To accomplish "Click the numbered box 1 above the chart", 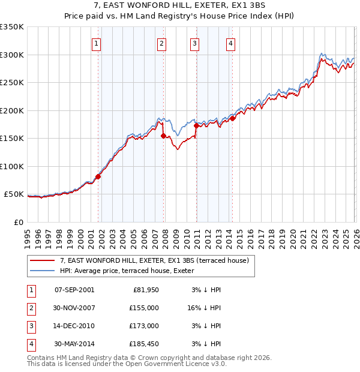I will (97, 43).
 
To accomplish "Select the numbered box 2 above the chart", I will (162, 43).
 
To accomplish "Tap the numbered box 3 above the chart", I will (195, 43).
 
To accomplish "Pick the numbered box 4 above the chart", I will (231, 43).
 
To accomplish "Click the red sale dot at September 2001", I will (98, 176).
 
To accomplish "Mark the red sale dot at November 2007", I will (164, 136).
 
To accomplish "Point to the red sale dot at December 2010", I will (196, 125).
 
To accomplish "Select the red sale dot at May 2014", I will (233, 118).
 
